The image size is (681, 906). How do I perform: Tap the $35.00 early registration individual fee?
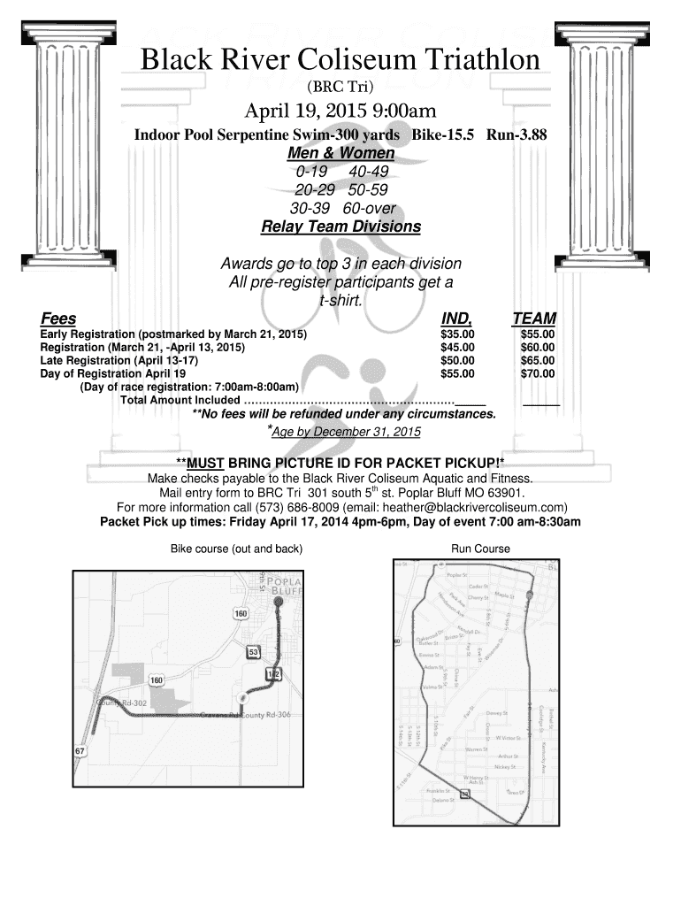tap(457, 334)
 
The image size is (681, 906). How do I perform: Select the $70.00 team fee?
tap(537, 373)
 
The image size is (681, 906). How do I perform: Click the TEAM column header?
tap(533, 319)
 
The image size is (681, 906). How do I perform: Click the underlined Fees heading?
tap(58, 319)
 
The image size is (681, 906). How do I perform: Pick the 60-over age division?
tap(369, 209)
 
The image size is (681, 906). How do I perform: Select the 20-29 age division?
tap(318, 189)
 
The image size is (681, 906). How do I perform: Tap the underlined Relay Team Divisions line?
tap(340, 226)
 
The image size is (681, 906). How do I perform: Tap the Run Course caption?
tap(480, 549)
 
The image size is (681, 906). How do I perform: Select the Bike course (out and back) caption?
tap(236, 549)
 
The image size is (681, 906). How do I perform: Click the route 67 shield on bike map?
tap(80, 751)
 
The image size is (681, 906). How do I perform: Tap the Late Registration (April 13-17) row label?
tap(119, 361)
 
